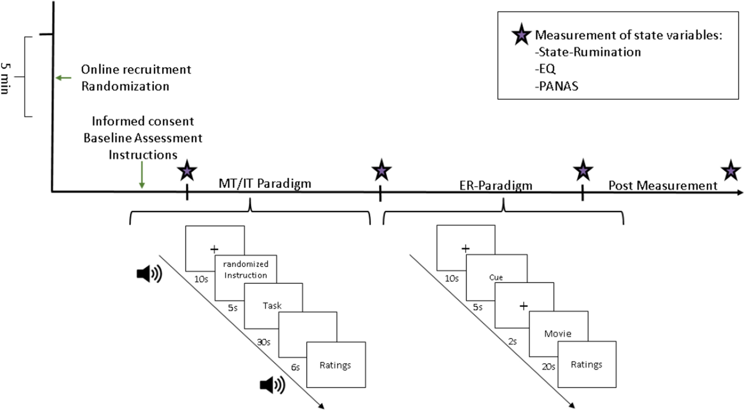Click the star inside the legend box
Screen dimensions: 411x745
coord(521,35)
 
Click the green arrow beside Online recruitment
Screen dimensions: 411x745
coord(64,78)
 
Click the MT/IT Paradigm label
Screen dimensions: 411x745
coord(265,184)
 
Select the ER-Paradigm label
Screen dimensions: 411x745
coord(495,186)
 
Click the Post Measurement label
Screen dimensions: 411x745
coord(663,186)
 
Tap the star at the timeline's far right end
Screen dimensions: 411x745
coord(730,171)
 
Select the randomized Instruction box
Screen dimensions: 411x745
coord(245,270)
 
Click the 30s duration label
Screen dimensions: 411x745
coord(263,342)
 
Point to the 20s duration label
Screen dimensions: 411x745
coord(548,367)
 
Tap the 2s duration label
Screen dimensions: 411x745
coord(512,342)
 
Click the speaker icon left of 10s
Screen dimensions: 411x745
coord(149,274)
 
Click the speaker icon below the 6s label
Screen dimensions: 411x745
coord(272,385)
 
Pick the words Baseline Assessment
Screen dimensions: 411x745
coord(143,138)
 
